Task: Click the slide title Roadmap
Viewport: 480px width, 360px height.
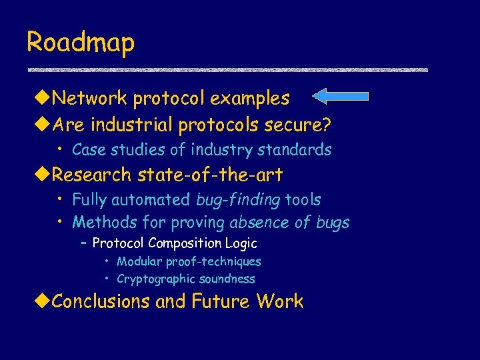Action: pyautogui.click(x=81, y=42)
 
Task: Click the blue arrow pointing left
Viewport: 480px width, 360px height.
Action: pyautogui.click(x=340, y=97)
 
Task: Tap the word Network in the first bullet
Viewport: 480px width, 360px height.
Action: pyautogui.click(x=90, y=99)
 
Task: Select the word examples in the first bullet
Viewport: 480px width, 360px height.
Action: pyautogui.click(x=249, y=99)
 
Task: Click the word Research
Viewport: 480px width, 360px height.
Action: pyautogui.click(x=92, y=175)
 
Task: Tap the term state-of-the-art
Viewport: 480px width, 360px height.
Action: pyautogui.click(x=210, y=175)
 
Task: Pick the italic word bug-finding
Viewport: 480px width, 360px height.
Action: pyautogui.click(x=238, y=200)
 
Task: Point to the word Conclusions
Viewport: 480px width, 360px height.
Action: pyautogui.click(x=101, y=301)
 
